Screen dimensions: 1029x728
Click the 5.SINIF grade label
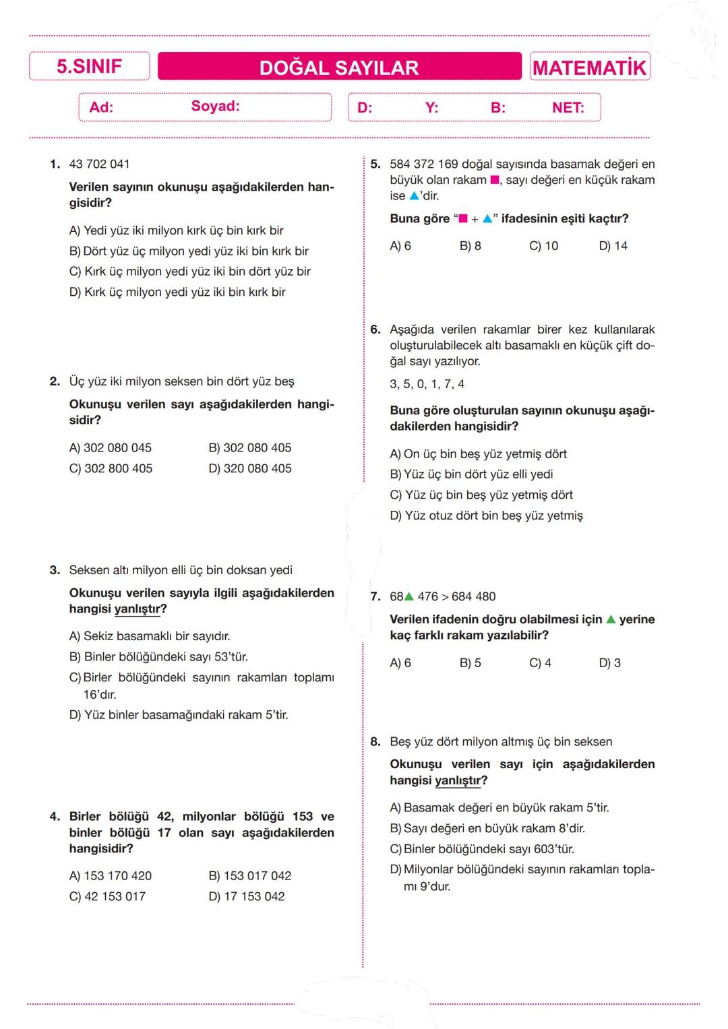89,67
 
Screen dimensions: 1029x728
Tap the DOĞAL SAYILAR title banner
339,67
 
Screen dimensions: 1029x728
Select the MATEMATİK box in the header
589,67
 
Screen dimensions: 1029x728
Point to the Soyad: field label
215,106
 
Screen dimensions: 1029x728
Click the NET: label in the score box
568,108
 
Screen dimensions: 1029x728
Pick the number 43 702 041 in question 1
100,164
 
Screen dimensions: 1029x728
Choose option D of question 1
177,292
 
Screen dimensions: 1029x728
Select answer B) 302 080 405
250,448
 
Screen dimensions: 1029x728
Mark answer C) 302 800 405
111,468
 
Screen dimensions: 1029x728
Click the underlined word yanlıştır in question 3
138,609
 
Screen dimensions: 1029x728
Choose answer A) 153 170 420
111,876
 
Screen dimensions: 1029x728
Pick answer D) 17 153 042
247,897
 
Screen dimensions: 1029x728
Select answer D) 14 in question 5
613,246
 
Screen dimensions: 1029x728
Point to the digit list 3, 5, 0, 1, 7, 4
427,384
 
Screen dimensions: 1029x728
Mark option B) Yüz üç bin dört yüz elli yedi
471,474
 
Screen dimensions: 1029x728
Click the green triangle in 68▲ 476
408,596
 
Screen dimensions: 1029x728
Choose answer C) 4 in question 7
540,663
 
